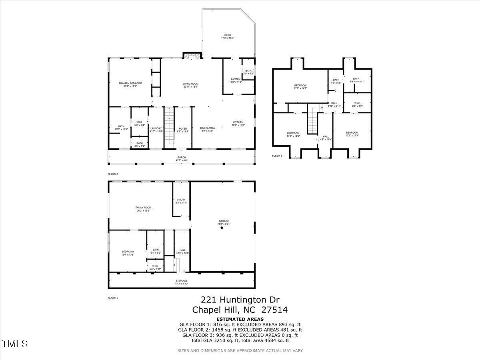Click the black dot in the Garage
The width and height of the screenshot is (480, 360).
pyautogui.click(x=222, y=228)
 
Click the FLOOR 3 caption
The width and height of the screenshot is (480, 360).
pyautogui.click(x=277, y=156)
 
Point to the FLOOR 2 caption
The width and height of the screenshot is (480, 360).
pyautogui.click(x=113, y=174)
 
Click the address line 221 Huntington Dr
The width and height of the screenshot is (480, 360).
pyautogui.click(x=240, y=300)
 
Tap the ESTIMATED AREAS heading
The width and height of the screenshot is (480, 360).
pyautogui.click(x=240, y=319)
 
